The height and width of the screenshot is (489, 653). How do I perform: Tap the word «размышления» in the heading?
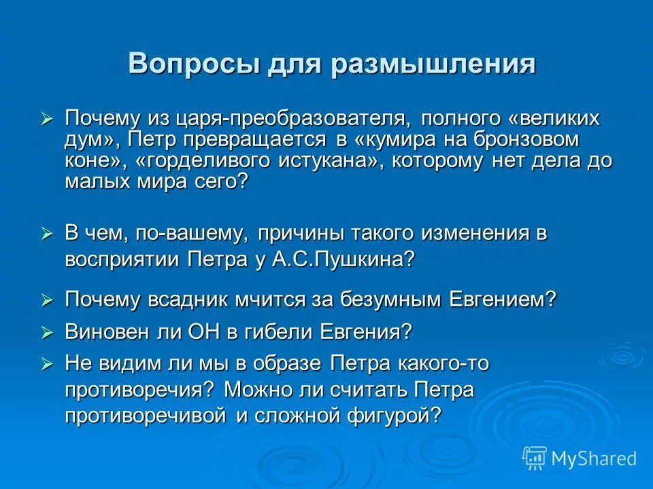[434, 64]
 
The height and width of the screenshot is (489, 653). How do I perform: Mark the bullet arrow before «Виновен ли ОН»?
[47, 332]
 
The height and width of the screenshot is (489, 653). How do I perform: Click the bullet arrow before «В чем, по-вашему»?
[47, 234]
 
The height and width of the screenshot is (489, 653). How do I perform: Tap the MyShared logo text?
[593, 458]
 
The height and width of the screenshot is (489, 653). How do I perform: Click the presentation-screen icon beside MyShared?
[535, 458]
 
